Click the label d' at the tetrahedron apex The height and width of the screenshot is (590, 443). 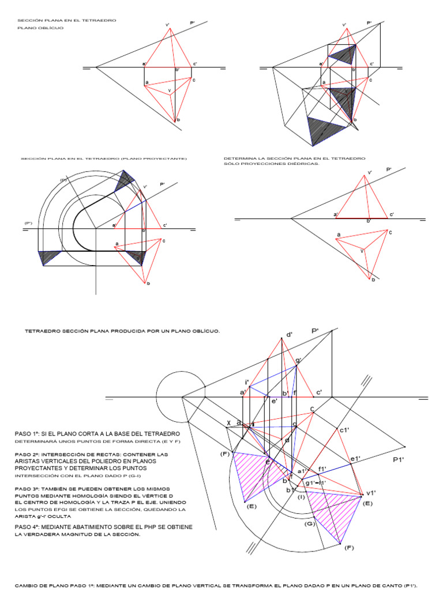pos(289,334)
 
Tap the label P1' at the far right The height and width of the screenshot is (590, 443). pos(399,460)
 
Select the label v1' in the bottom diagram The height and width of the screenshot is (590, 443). pos(370,493)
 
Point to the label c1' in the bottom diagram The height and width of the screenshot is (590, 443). pos(344,430)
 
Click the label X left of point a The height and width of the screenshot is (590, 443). pos(228,423)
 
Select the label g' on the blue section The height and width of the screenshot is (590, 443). pos(298,361)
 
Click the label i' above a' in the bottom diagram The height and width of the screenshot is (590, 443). pos(247,382)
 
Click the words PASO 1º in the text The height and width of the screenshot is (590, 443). pos(28,433)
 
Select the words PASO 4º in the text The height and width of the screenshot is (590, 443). pos(28,527)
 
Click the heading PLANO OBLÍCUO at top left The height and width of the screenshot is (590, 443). pos(40,28)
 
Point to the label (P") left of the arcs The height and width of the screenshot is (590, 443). pos(28,222)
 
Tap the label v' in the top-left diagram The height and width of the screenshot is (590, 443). pos(167,25)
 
